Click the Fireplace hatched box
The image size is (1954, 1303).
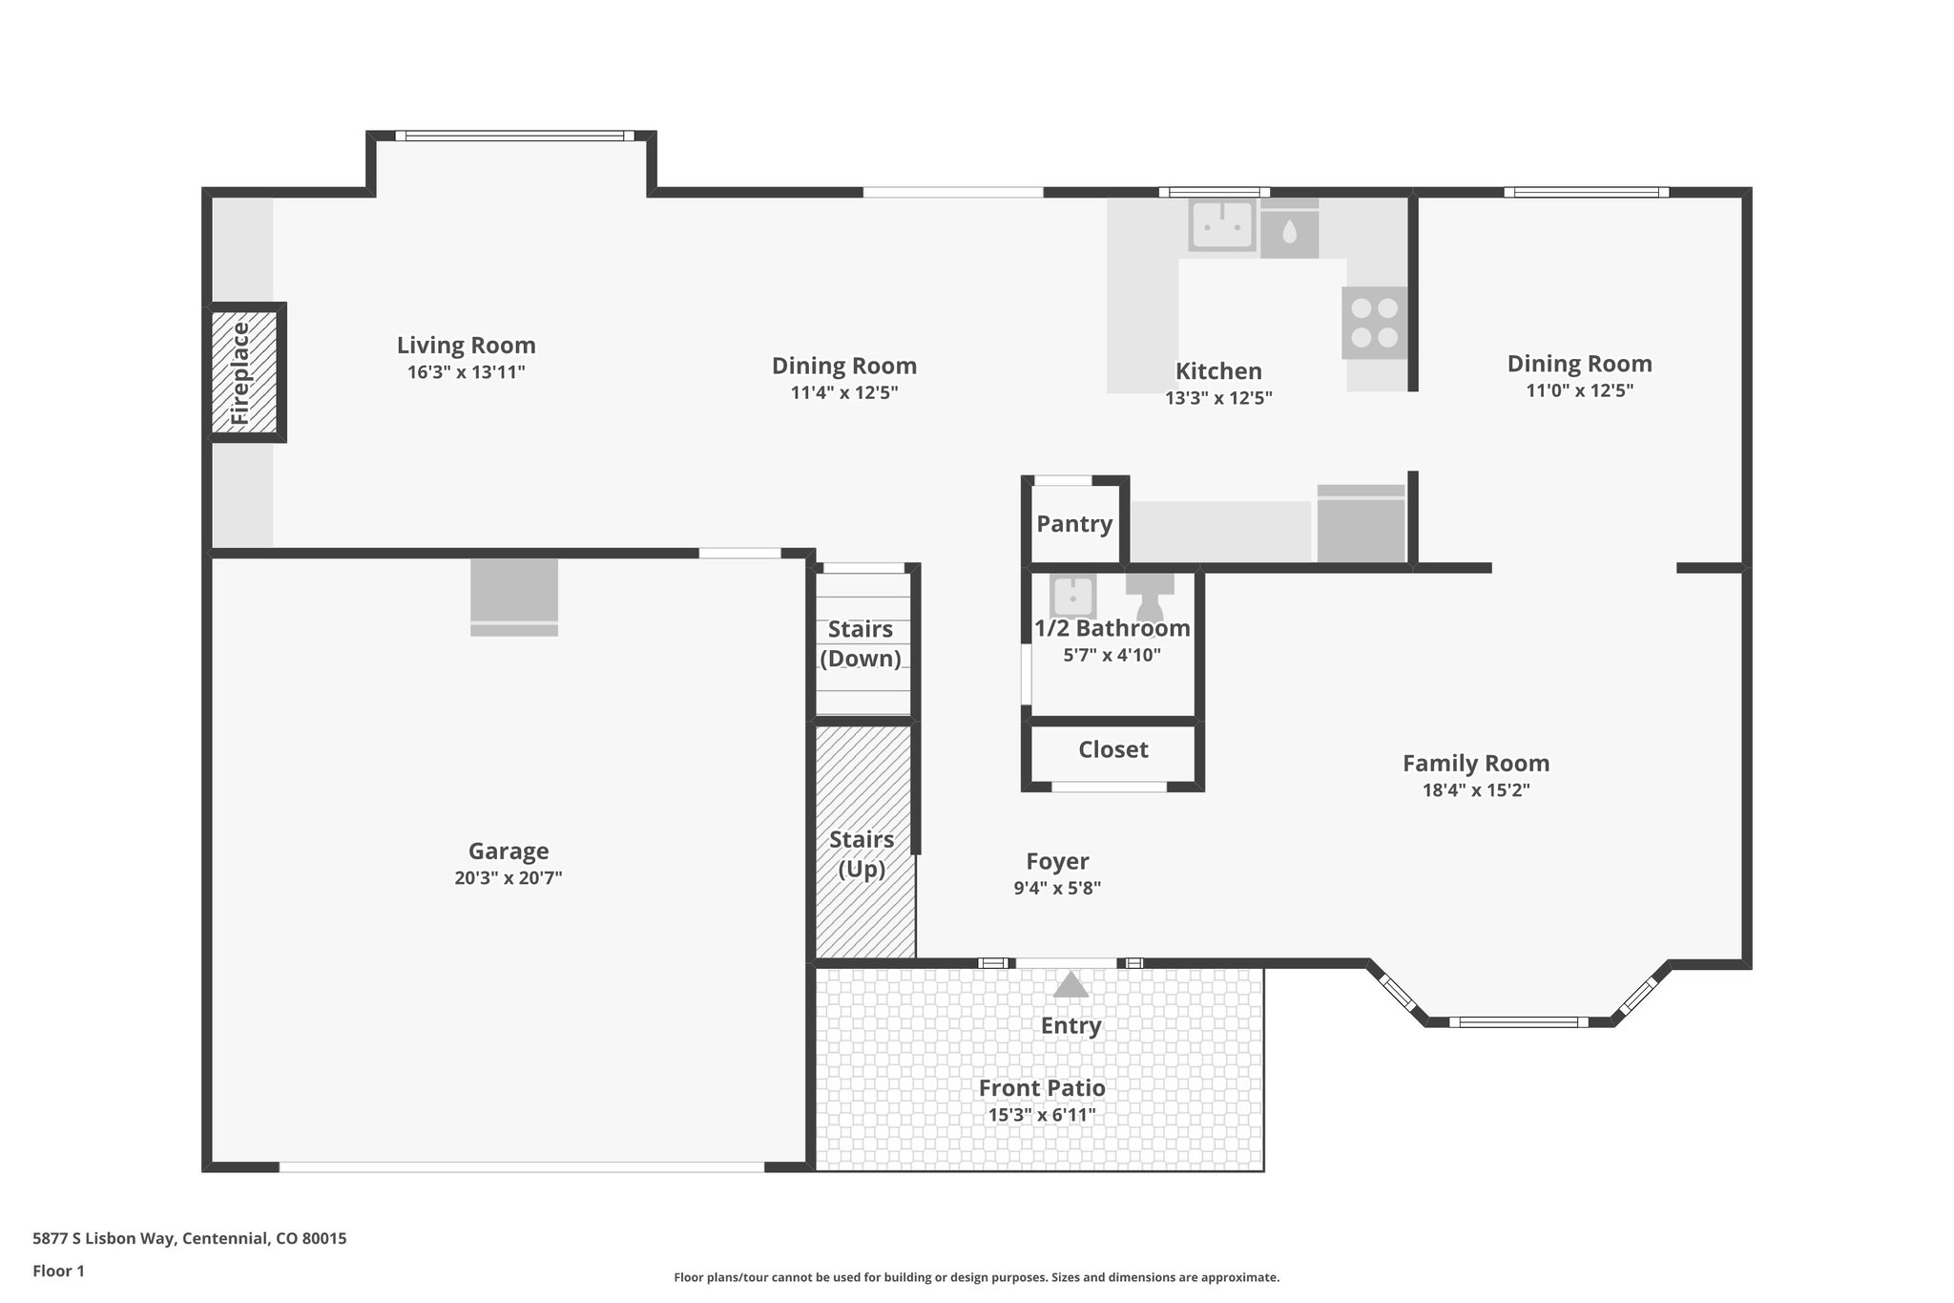click(244, 373)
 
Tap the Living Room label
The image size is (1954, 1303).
click(466, 346)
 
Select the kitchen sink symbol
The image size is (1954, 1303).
click(1220, 226)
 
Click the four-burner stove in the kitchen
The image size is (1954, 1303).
click(1374, 323)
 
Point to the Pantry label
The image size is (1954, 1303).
click(1074, 524)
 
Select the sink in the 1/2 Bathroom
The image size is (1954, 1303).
click(1073, 596)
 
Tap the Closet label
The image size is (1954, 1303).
click(1112, 750)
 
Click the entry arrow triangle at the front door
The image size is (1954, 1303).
click(1071, 985)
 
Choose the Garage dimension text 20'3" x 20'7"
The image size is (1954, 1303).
click(508, 878)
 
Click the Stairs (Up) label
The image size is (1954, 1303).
click(862, 854)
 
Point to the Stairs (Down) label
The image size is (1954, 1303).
click(861, 643)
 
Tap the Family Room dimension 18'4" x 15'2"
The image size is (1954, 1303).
click(1476, 790)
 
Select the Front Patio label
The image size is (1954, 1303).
click(1042, 1088)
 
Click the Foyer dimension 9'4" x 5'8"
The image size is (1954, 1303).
click(1057, 888)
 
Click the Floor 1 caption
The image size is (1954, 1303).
click(58, 1271)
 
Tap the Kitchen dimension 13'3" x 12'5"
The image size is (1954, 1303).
click(1218, 398)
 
